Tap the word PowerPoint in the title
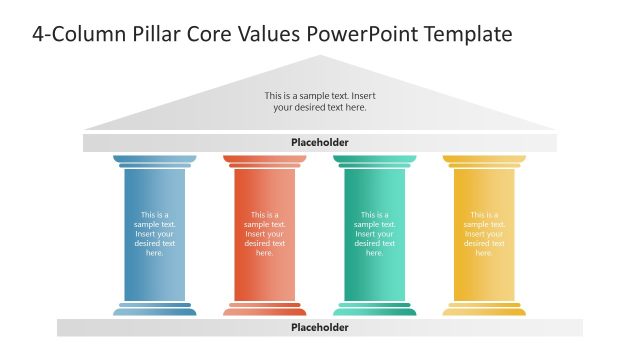click(x=352, y=34)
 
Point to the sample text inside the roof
click(x=320, y=101)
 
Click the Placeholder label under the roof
click(x=320, y=143)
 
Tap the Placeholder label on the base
click(x=320, y=327)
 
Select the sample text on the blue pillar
click(x=155, y=234)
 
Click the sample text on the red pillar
click(x=265, y=234)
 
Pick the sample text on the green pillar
click(x=375, y=234)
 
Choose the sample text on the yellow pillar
click(x=484, y=234)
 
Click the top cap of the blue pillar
click(x=155, y=160)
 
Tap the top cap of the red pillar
click(x=265, y=160)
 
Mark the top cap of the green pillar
click(x=375, y=160)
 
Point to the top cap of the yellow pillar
click(x=484, y=160)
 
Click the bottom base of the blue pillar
click(x=155, y=309)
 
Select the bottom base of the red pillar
click(x=265, y=309)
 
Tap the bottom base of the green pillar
click(x=375, y=309)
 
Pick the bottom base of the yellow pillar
click(x=484, y=309)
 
